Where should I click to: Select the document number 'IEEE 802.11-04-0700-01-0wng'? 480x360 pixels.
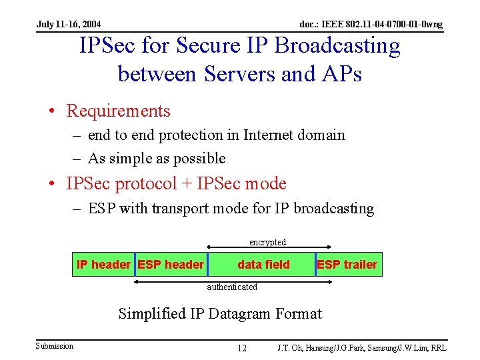pyautogui.click(x=383, y=25)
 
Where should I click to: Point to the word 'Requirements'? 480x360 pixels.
pyautogui.click(x=119, y=111)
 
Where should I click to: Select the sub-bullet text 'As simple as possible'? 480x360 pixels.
pyautogui.click(x=157, y=158)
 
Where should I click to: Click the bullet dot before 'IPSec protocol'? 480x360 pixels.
pyautogui.click(x=57, y=184)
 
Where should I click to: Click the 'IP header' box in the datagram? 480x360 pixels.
pyautogui.click(x=103, y=265)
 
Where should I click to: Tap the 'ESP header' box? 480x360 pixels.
pyautogui.click(x=171, y=265)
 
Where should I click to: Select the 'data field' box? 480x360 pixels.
pyautogui.click(x=263, y=265)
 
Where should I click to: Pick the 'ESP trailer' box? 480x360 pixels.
pyautogui.click(x=347, y=265)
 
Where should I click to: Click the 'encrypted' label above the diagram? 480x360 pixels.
pyautogui.click(x=267, y=242)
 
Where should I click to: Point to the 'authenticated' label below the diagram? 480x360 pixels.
pyautogui.click(x=231, y=287)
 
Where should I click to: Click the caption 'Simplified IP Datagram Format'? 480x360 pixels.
pyautogui.click(x=220, y=313)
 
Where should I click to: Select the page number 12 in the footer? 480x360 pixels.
pyautogui.click(x=242, y=348)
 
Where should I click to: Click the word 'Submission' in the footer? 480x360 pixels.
pyautogui.click(x=55, y=345)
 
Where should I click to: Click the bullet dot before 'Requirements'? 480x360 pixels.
pyautogui.click(x=57, y=111)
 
